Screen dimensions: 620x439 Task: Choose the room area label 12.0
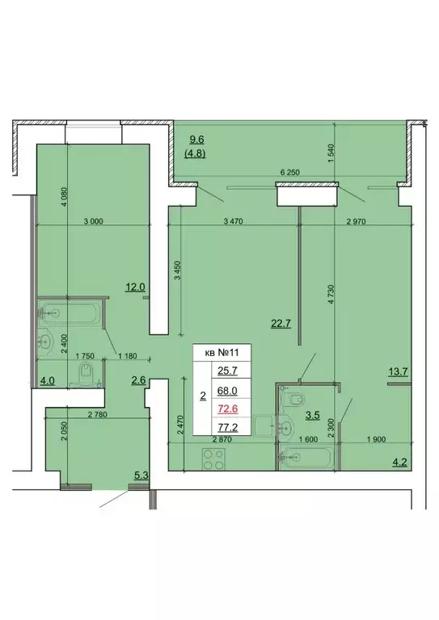coord(133,286)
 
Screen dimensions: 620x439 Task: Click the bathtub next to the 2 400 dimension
coord(70,311)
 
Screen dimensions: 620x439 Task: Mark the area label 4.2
coord(399,463)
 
